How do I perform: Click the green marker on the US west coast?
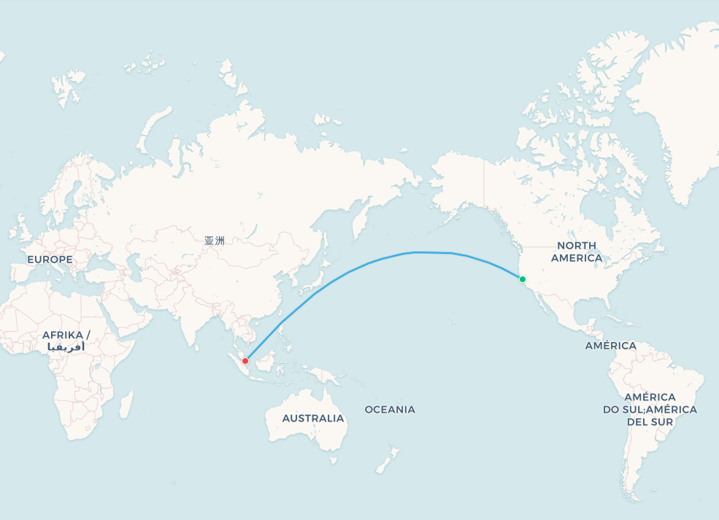[523, 279]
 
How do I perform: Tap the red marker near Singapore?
[245, 361]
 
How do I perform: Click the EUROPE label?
[50, 260]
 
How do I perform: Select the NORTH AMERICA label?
[577, 252]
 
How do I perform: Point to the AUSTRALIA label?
[313, 419]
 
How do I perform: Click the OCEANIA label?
[390, 410]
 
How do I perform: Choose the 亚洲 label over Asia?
[215, 240]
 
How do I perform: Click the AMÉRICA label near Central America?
[610, 346]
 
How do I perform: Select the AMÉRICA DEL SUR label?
[650, 409]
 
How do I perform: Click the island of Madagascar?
[126, 403]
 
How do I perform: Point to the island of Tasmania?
[334, 460]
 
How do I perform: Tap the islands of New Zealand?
[387, 459]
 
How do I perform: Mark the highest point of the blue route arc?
[417, 252]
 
